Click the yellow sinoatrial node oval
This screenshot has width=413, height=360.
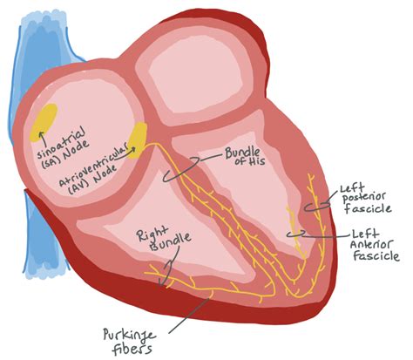tap(44, 123)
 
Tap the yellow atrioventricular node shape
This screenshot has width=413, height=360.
tap(138, 140)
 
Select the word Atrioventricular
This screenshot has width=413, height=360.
tap(93, 165)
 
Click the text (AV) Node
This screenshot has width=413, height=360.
tap(92, 179)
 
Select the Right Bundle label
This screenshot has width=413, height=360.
tap(164, 237)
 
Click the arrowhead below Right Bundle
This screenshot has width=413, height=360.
tap(163, 282)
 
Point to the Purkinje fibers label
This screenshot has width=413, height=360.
tap(130, 342)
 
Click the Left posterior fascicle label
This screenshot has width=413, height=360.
tap(365, 198)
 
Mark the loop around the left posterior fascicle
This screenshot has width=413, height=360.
tap(317, 206)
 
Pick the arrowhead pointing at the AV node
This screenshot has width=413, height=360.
tap(133, 149)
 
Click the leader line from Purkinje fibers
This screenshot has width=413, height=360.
tap(188, 316)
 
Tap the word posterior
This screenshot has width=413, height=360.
tap(364, 198)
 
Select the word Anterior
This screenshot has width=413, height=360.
tap(372, 244)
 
